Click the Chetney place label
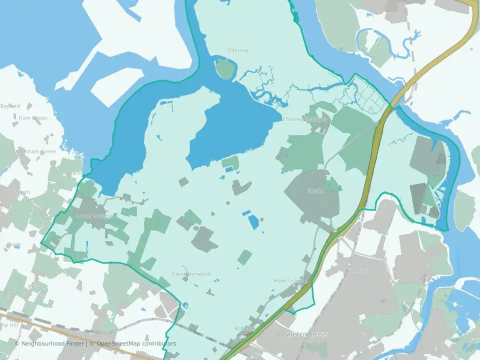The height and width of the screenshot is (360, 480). (x=238, y=50)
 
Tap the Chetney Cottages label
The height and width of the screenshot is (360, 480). (x=305, y=119)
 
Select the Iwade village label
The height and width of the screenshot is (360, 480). (x=315, y=191)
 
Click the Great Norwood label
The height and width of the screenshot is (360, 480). (x=191, y=274)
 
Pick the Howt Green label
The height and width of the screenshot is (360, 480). (x=288, y=280)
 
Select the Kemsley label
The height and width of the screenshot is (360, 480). (x=357, y=270)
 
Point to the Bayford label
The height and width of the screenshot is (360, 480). (x=10, y=106)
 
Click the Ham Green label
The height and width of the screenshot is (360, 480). (x=33, y=118)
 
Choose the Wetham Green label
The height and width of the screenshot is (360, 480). (x=37, y=151)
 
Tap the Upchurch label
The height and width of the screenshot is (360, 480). (x=18, y=192)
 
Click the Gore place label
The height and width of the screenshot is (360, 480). (x=15, y=244)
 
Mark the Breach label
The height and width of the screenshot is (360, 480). (x=37, y=287)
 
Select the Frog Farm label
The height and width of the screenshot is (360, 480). (x=69, y=173)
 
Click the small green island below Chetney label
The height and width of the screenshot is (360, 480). (x=225, y=68)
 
